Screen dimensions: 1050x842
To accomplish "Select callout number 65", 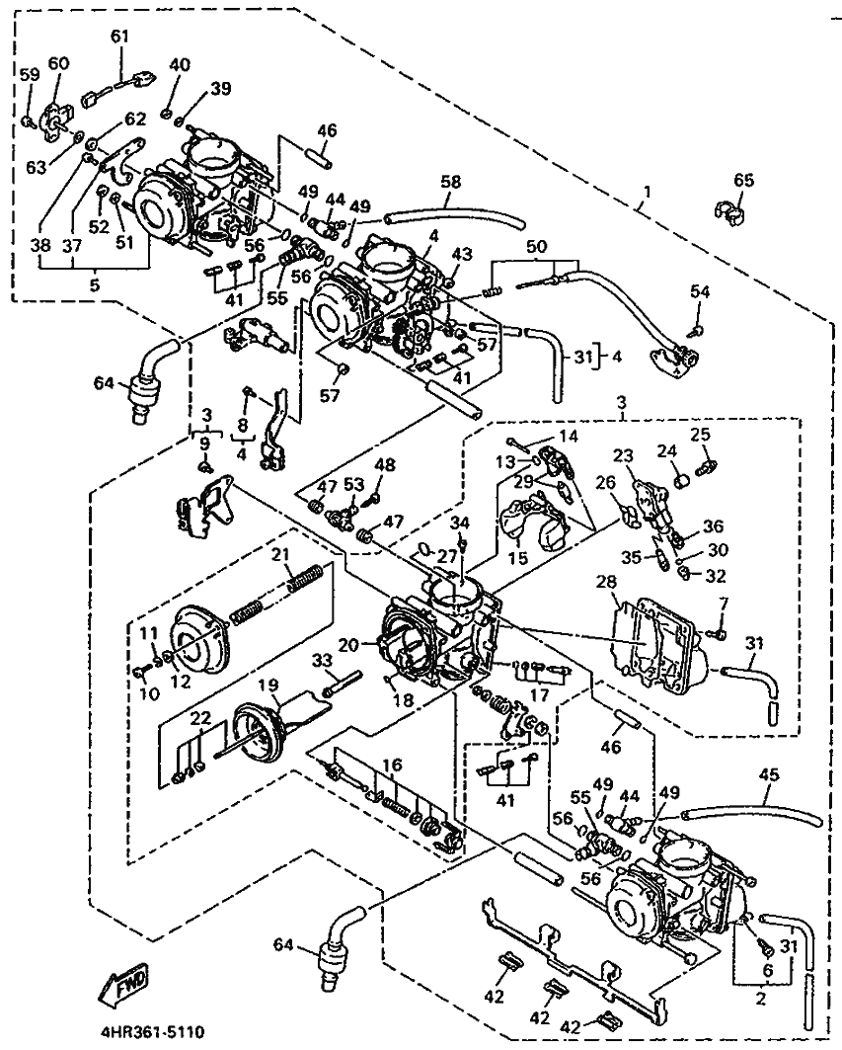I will click(x=743, y=180).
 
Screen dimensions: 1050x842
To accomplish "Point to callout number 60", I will click(x=58, y=63).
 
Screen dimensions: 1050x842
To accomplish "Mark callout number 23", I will click(x=622, y=456).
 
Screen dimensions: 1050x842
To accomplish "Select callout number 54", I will click(x=699, y=291).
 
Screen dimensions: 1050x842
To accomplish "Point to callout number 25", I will click(x=700, y=434).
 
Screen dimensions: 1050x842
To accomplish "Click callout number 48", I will click(x=384, y=465).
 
